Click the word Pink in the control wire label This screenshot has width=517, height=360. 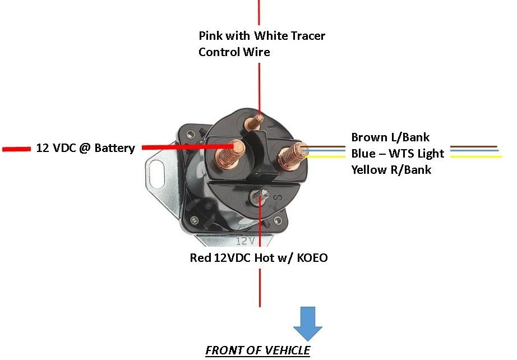[x=211, y=36]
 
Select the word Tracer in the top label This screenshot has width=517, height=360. [x=306, y=36]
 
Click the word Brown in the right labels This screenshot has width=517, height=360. [x=369, y=137]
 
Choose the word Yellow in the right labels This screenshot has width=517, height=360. [x=370, y=169]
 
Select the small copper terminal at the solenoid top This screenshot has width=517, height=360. [x=258, y=120]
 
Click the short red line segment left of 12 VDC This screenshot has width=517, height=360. [x=16, y=149]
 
